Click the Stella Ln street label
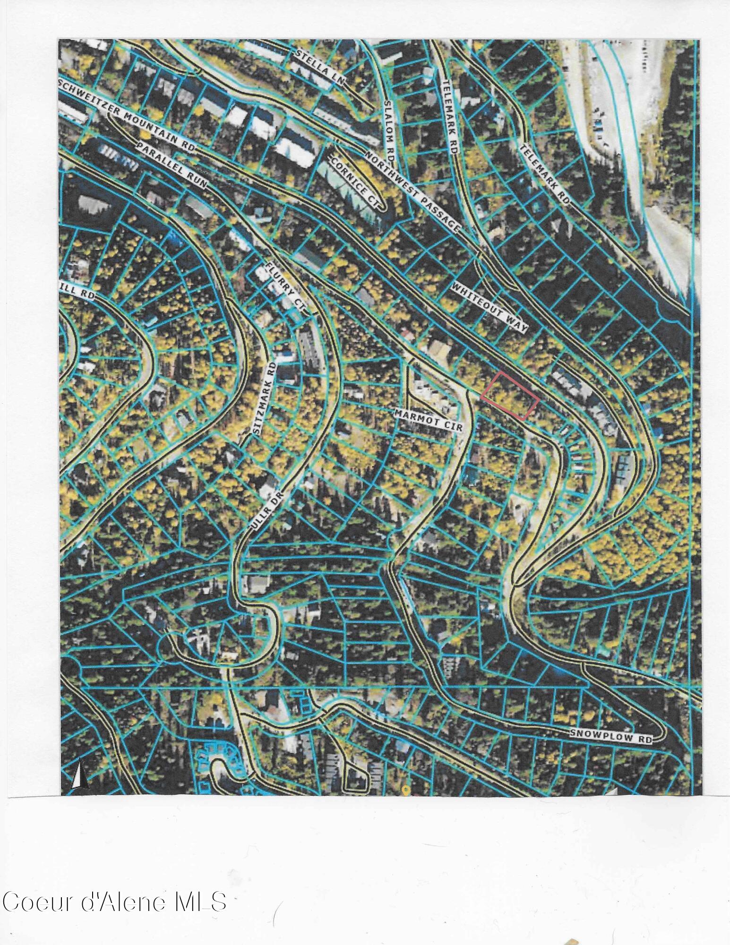click(320, 68)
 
